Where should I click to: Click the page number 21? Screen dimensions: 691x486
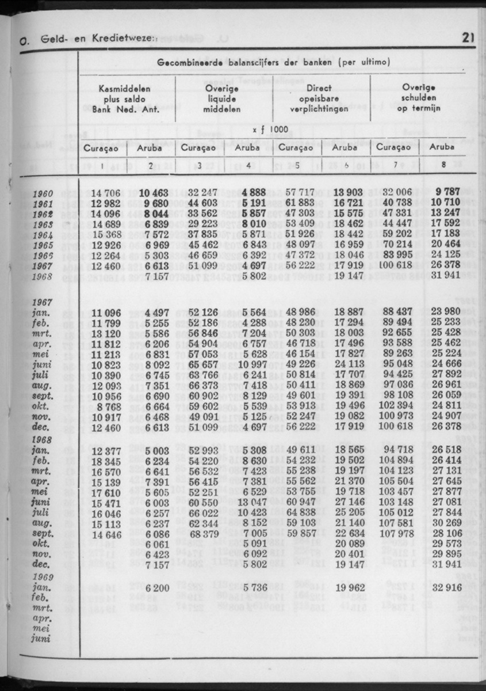click(467, 39)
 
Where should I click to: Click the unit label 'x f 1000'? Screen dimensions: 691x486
click(270, 130)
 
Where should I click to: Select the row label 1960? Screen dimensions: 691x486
click(43, 194)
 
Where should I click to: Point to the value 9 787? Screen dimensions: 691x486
click(447, 194)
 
